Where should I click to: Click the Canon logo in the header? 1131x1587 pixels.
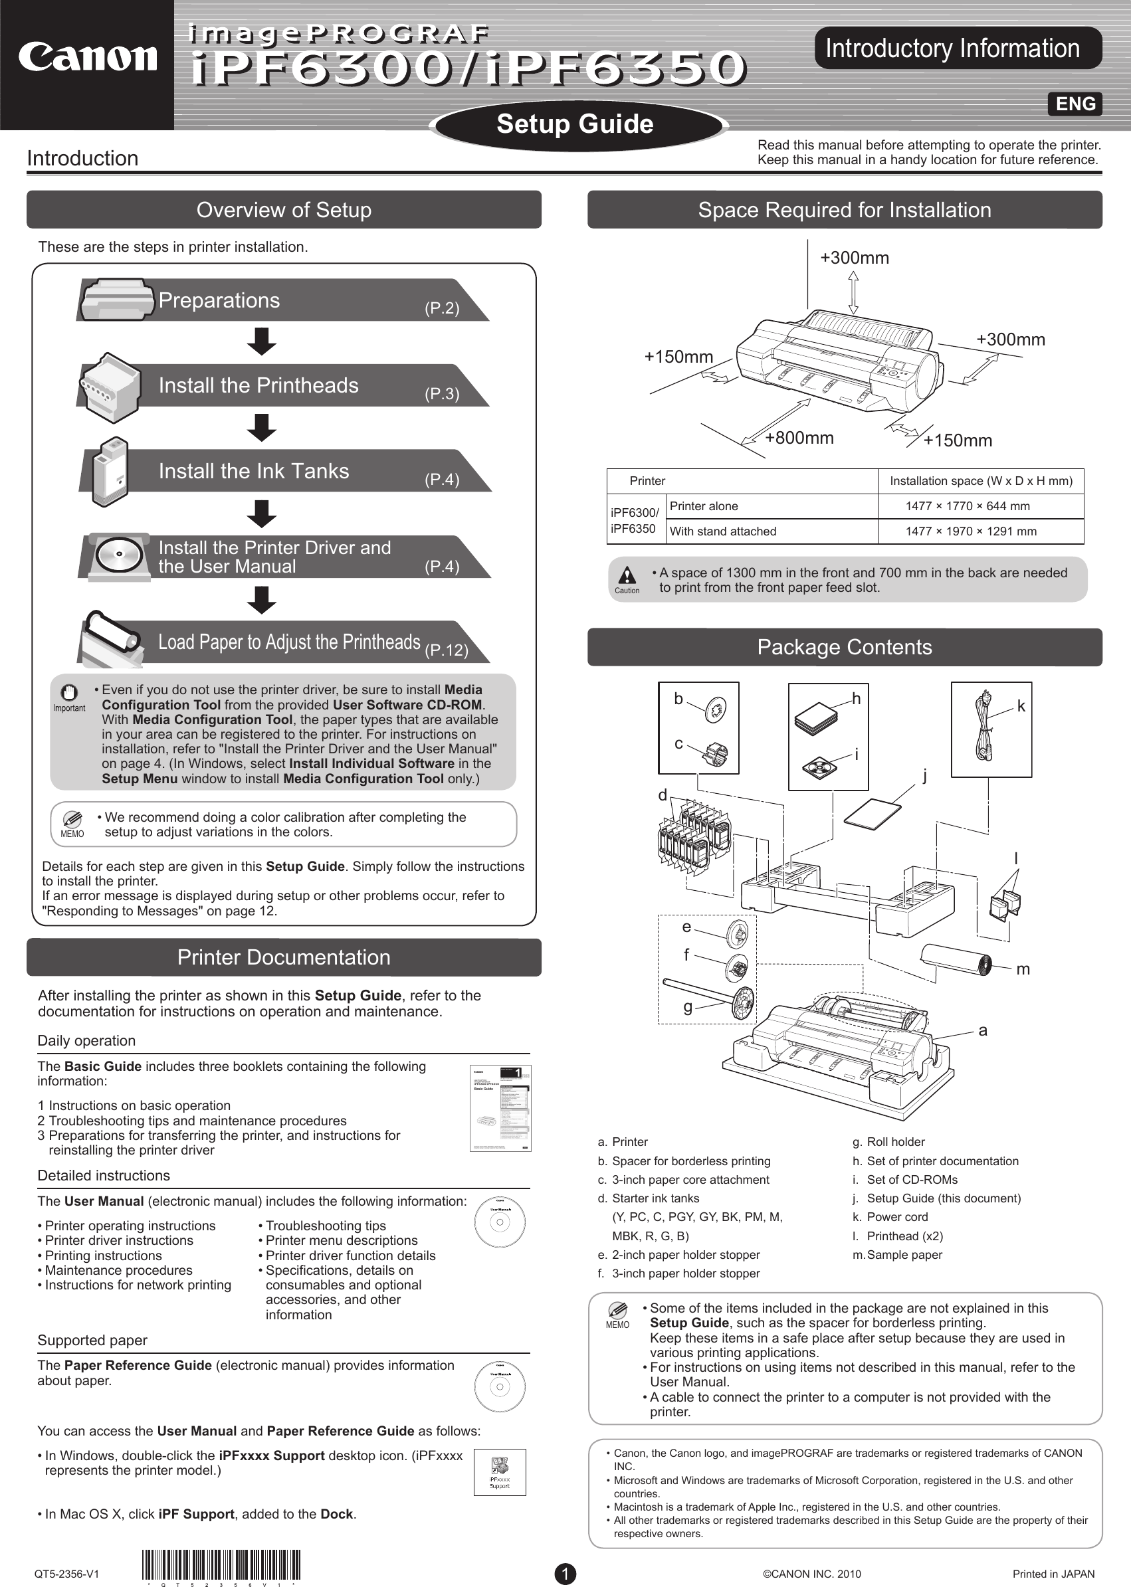(x=87, y=58)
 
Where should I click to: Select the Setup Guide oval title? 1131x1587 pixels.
(x=575, y=124)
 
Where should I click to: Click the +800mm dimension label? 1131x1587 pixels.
(x=799, y=438)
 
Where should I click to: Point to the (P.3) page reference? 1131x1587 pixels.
(x=442, y=394)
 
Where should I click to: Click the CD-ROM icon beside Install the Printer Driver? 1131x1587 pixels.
(x=119, y=555)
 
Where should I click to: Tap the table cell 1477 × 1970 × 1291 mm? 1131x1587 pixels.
(x=970, y=531)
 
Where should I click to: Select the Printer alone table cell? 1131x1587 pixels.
(x=704, y=506)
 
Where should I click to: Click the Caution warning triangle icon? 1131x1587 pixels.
(x=627, y=575)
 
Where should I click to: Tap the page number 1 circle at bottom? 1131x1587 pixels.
(x=565, y=1574)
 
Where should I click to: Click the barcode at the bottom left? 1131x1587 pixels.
(x=221, y=1566)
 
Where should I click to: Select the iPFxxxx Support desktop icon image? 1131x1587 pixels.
(x=499, y=1471)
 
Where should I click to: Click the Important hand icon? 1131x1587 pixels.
(x=68, y=694)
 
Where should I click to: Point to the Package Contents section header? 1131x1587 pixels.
(x=844, y=647)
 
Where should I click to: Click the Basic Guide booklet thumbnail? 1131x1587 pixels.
(x=500, y=1107)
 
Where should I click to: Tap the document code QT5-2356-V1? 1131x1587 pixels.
(x=67, y=1574)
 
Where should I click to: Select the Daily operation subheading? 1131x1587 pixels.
(x=86, y=1040)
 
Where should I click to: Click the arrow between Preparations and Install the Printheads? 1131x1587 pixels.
(x=262, y=341)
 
